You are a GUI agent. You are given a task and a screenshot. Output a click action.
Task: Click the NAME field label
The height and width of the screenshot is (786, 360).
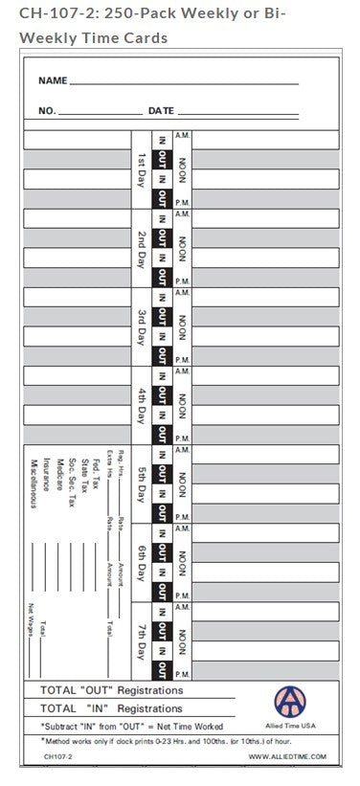pos(53,81)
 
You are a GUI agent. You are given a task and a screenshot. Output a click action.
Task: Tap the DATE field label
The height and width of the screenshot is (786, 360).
pos(161,112)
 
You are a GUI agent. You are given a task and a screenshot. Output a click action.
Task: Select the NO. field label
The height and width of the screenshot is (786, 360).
pos(47,112)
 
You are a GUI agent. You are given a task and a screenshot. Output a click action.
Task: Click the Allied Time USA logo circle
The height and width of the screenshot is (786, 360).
pos(291,703)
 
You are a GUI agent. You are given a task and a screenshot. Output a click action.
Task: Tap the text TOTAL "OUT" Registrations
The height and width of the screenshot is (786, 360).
pos(111,689)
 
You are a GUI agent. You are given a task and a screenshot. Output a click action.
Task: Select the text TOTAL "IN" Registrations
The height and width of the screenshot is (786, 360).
pos(111,708)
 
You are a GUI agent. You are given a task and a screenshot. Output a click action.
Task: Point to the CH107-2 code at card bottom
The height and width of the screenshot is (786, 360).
pos(56,755)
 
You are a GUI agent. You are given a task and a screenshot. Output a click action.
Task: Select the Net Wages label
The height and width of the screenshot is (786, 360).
pos(31,621)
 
